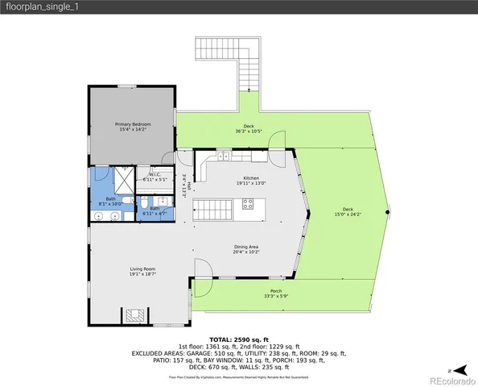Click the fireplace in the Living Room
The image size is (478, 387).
tap(136, 314)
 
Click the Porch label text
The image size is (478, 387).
tap(276, 293)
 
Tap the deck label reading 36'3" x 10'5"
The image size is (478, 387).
tap(249, 128)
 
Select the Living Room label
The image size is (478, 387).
tap(142, 272)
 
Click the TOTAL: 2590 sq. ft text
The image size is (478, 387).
tap(239, 339)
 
